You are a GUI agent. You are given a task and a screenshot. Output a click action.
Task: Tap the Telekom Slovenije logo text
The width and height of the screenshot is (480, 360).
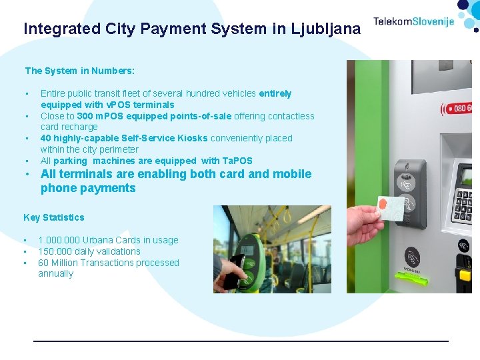click(x=413, y=21)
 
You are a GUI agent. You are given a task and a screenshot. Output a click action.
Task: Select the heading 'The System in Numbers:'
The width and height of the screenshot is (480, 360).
click(x=79, y=71)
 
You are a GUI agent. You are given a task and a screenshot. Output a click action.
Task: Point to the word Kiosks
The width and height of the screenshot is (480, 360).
click(x=193, y=138)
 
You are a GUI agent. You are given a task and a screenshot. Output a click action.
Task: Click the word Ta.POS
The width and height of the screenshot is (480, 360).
click(x=237, y=161)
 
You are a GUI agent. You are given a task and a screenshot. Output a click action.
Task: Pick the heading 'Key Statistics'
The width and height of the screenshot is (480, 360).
click(x=54, y=217)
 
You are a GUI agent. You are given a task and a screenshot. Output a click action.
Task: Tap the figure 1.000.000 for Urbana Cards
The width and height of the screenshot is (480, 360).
click(x=59, y=240)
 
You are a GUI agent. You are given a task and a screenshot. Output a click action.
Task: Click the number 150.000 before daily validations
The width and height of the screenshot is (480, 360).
click(x=55, y=251)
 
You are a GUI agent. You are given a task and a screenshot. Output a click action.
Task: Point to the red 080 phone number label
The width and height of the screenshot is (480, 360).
click(x=460, y=107)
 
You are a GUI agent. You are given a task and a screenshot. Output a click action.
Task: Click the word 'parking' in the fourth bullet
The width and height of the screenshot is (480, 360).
click(x=70, y=161)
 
